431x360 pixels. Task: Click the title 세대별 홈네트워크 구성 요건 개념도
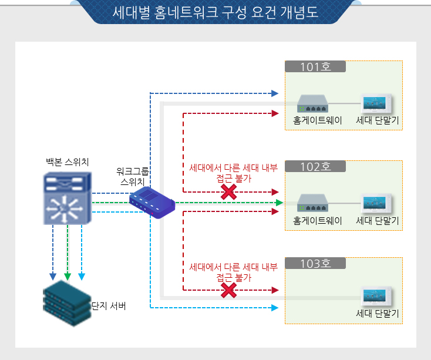click(x=215, y=13)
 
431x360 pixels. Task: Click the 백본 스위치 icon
click(x=68, y=198)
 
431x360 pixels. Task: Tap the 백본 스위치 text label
click(x=68, y=162)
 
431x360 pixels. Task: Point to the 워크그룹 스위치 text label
click(x=133, y=177)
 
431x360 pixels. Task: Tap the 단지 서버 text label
click(x=109, y=306)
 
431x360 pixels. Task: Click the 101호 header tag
click(x=315, y=66)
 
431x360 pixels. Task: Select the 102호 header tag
click(x=315, y=166)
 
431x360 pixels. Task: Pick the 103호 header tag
click(x=315, y=264)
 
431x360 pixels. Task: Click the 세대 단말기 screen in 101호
click(x=377, y=103)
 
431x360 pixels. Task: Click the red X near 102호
click(x=229, y=192)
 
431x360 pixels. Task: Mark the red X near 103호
click(x=229, y=290)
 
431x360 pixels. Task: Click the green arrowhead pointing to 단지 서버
click(x=68, y=277)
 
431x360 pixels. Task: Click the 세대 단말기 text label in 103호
click(x=378, y=314)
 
